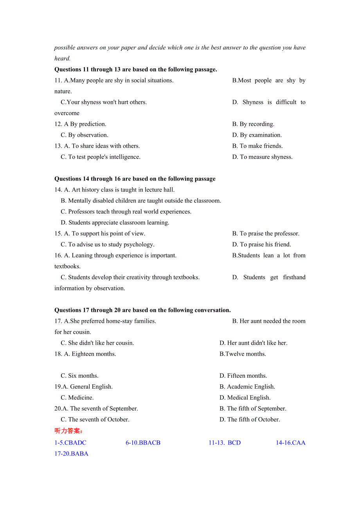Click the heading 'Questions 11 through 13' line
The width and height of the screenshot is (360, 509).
click(x=135, y=70)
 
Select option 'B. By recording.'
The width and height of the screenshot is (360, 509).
click(x=253, y=124)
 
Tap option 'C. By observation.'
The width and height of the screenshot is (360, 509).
click(x=84, y=135)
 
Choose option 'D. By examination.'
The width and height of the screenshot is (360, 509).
click(x=257, y=135)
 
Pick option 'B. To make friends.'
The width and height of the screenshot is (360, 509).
click(x=257, y=146)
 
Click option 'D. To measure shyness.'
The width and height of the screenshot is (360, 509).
click(x=262, y=157)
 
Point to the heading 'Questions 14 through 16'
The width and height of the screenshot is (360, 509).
click(x=135, y=179)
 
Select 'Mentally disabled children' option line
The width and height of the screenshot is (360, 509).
click(x=141, y=201)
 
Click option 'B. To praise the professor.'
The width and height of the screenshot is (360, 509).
click(x=266, y=234)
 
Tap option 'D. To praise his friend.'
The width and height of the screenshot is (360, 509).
click(x=261, y=245)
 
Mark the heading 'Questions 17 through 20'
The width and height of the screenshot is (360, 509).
click(x=142, y=310)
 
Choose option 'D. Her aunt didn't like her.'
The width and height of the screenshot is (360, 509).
click(x=253, y=343)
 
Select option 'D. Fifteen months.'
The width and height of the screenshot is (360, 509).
click(x=243, y=376)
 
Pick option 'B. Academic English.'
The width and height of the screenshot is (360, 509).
click(x=247, y=387)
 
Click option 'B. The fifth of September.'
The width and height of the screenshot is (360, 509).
click(x=253, y=409)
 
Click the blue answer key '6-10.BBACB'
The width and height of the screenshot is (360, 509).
click(x=143, y=443)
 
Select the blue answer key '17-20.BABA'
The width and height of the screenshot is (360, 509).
click(x=71, y=454)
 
